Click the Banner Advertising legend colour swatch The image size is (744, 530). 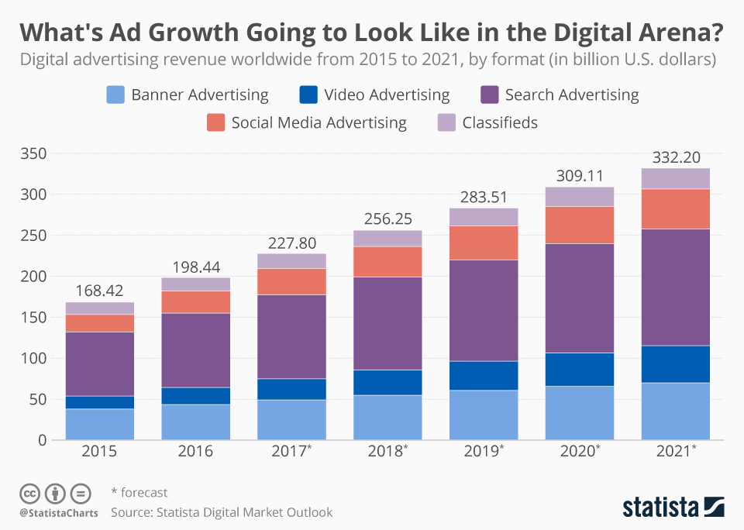pos(115,95)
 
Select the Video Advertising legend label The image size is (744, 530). pos(387,95)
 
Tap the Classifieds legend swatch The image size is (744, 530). pos(446,122)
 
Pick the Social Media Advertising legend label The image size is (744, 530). pos(319,122)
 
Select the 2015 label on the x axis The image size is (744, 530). pos(99,451)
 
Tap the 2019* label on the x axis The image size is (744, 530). pos(484,451)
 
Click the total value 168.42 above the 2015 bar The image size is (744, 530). pos(99,291)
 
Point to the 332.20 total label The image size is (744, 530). pos(675,158)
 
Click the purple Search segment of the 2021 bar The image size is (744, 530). pos(675,287)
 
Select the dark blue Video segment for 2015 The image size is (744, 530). pos(99,402)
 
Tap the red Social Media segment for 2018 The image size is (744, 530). pos(387,261)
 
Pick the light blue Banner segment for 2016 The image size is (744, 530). pos(195,422)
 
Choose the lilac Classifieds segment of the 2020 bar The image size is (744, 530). pos(580,196)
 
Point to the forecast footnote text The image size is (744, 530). pos(139,492)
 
